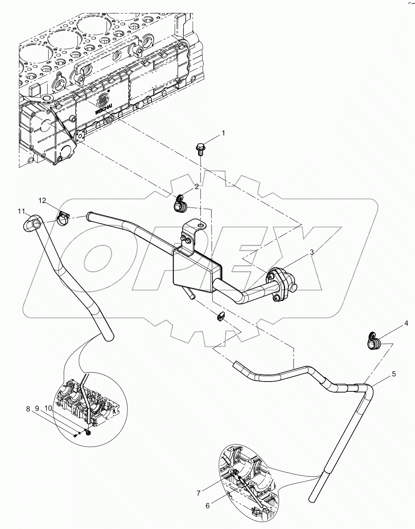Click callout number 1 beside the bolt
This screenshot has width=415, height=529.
[223, 133]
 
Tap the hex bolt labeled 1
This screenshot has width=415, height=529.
[200, 148]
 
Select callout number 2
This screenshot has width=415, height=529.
[196, 187]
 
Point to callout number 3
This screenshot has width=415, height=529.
[312, 252]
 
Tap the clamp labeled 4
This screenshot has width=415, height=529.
[374, 342]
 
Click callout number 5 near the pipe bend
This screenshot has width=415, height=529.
[394, 373]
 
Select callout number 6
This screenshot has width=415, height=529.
[208, 505]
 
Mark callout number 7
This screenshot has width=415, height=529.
[199, 493]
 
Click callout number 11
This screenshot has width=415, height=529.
[21, 211]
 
